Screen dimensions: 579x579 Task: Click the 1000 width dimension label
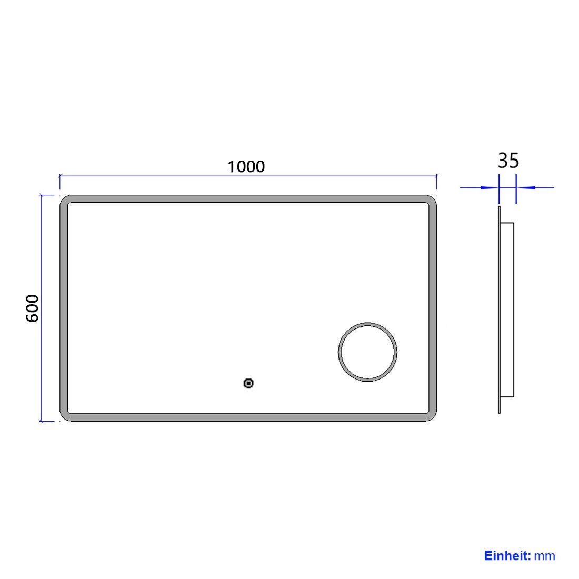point(246,167)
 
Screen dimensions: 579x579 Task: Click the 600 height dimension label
point(33,308)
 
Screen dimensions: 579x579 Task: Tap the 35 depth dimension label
point(508,161)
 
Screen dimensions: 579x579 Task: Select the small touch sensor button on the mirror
point(248,383)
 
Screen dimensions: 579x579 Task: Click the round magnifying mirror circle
point(367,323)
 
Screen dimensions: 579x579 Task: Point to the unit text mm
point(545,556)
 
